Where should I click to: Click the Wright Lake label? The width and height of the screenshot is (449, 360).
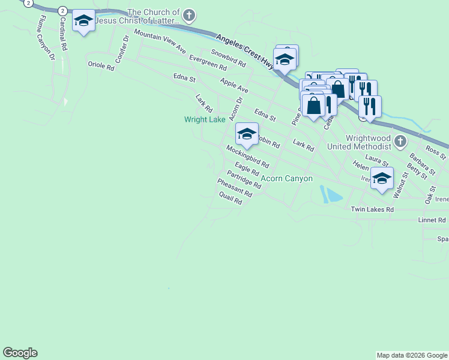point(205,119)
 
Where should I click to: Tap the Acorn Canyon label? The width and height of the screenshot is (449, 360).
point(286,179)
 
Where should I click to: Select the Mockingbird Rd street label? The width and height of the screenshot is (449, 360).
point(247,156)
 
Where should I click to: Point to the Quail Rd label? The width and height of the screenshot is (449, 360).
point(231,199)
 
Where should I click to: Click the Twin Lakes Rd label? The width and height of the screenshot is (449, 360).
point(372,209)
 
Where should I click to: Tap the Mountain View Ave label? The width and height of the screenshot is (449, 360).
point(160,40)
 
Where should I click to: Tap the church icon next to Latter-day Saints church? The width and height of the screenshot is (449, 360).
point(189,14)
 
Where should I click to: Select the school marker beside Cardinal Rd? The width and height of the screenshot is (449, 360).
point(83,22)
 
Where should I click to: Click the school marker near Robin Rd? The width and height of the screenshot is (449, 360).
point(247,134)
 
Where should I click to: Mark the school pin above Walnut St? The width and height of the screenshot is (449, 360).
point(382,178)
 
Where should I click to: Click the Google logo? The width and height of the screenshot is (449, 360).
point(20,353)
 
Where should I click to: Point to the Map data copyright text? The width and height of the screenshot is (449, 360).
point(411,355)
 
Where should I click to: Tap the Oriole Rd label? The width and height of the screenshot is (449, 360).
point(101,67)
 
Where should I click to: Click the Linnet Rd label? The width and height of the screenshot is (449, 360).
point(432,220)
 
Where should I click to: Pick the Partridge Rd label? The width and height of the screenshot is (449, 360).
point(244,180)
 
